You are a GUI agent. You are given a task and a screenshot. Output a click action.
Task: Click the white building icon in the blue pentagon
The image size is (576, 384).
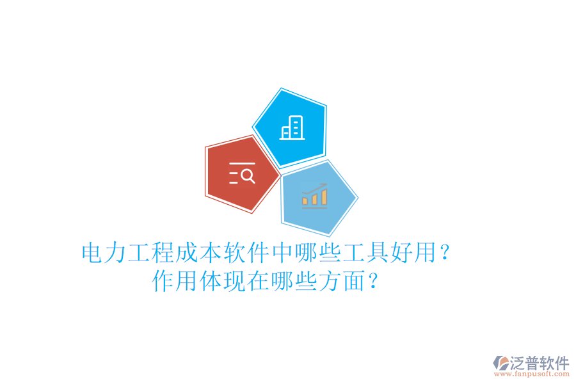292,128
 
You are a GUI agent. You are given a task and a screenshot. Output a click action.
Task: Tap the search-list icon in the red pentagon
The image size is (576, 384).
242,173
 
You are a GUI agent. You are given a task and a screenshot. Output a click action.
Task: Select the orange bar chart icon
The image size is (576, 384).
315,195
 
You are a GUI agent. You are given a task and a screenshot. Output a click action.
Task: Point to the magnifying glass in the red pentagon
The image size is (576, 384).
248,175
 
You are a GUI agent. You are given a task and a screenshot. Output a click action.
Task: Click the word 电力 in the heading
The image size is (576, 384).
104,253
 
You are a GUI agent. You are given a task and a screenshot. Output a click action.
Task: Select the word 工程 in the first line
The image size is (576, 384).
152,253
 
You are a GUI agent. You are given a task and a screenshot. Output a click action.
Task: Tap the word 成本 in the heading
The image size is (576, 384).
199,253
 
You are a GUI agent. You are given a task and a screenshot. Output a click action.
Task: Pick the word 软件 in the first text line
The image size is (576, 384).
246,253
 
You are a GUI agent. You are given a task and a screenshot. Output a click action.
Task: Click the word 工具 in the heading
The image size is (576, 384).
365,253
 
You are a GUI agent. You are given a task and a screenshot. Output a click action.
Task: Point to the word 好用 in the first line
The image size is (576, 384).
412,253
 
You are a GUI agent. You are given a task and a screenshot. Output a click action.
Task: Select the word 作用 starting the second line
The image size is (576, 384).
175,281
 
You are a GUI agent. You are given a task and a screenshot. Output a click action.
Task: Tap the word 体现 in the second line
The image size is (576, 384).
223,281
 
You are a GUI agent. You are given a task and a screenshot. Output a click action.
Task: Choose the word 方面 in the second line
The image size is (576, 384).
341,281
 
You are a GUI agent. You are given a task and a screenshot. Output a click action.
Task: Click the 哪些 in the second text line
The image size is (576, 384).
294,281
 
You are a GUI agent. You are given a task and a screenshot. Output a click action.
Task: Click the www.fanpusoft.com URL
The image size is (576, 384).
532,375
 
